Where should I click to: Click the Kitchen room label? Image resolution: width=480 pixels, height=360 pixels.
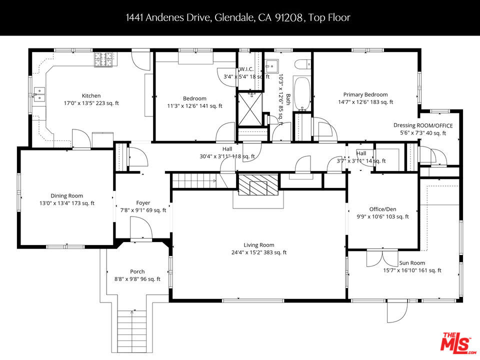(x=91, y=95)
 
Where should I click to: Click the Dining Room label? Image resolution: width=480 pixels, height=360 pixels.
(x=66, y=196)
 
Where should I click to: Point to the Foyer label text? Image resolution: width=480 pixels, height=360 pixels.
(x=143, y=203)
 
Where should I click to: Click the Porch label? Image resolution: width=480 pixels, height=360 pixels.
(x=137, y=271)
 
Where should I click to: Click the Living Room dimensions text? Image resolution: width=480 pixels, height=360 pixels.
(x=259, y=252)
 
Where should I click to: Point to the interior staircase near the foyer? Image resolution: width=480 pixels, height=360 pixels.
(x=195, y=179)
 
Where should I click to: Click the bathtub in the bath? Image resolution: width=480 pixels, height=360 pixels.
(x=301, y=93)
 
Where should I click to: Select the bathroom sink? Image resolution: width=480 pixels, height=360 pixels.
(x=272, y=65)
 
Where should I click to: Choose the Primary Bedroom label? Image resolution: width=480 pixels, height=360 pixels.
(x=365, y=94)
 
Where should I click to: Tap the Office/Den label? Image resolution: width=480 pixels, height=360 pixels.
(x=382, y=209)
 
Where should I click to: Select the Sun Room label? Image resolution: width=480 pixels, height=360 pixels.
(x=412, y=263)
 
